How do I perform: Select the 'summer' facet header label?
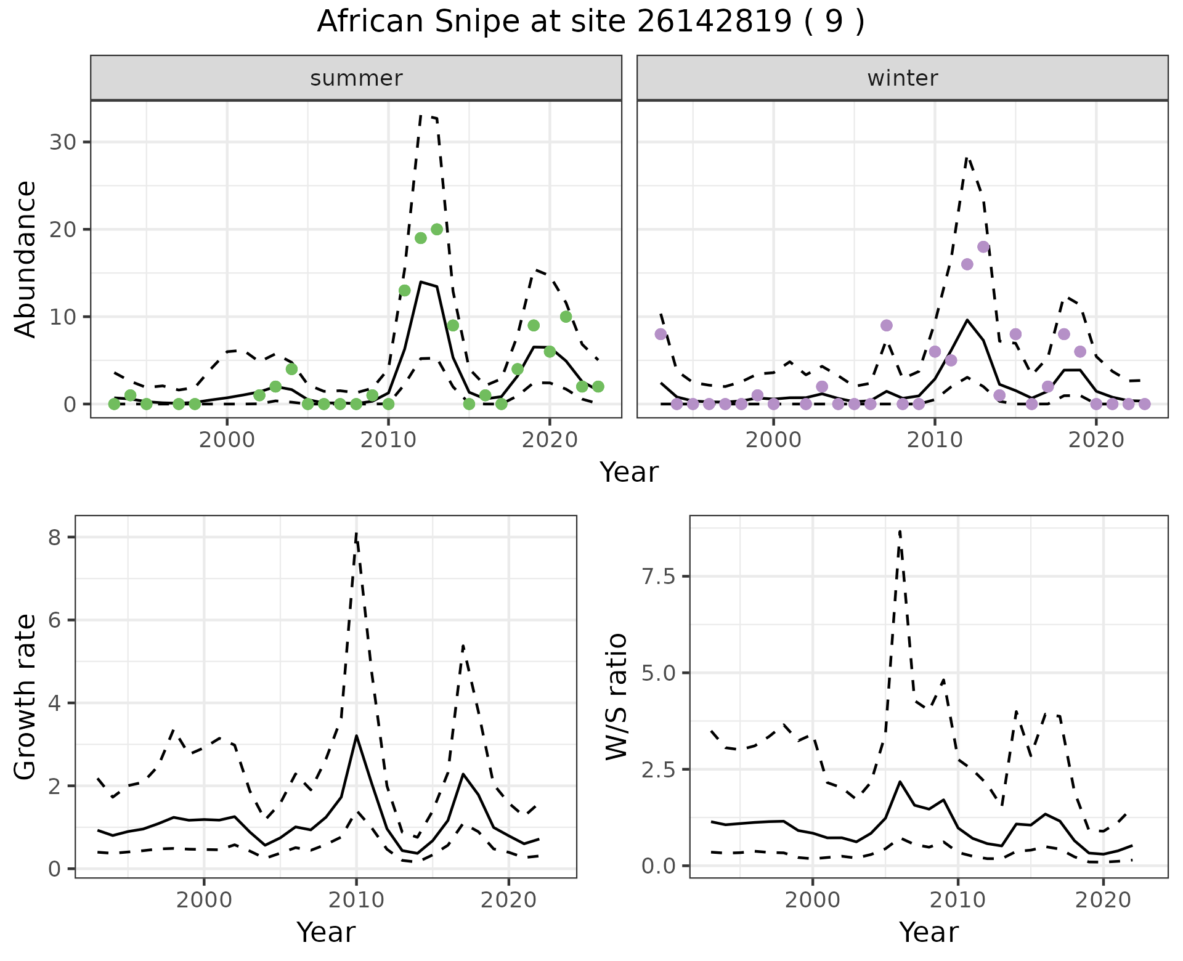(356, 78)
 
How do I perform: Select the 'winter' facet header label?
(902, 78)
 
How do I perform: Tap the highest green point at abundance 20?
(437, 229)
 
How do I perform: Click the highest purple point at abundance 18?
(983, 247)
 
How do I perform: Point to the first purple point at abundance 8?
(661, 334)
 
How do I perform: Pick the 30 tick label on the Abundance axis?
(61, 142)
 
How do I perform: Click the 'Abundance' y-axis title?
(26, 259)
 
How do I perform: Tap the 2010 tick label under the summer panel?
(388, 440)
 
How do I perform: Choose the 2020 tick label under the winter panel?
(1096, 440)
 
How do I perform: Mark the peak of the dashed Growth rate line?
(356, 533)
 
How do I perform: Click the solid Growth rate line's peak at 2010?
(356, 736)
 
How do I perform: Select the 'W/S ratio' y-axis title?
(616, 697)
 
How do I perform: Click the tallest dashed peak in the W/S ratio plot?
(900, 530)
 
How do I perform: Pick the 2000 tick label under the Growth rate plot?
(204, 900)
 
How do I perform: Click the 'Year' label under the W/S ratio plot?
(929, 932)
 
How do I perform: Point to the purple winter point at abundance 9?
(886, 325)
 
